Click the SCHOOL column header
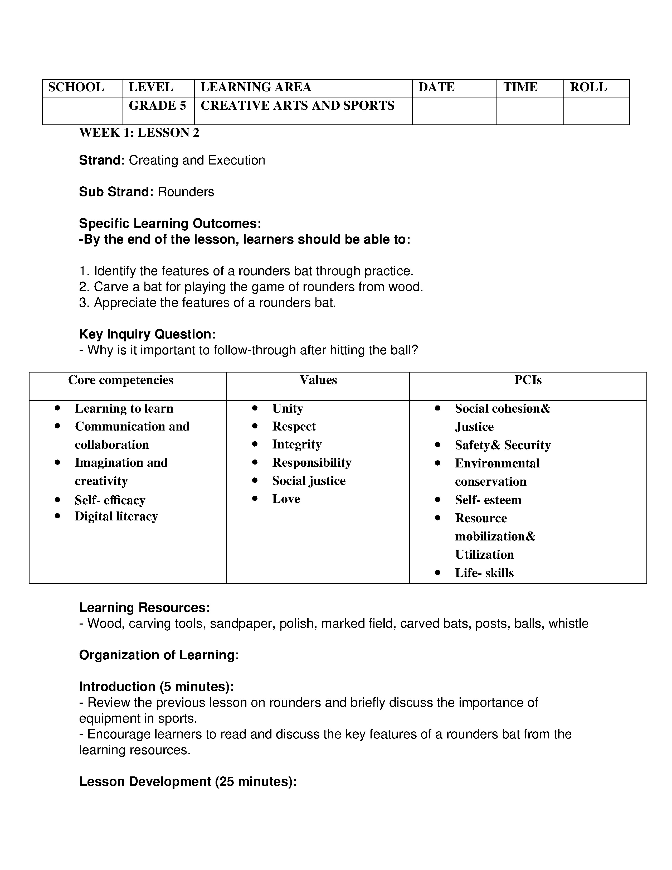[x=76, y=87]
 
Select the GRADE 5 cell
[x=157, y=105]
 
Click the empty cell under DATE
[x=454, y=111]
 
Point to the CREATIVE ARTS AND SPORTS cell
[x=297, y=105]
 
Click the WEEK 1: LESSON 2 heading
[x=139, y=133]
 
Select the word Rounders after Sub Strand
[x=186, y=192]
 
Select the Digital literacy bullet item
[x=116, y=516]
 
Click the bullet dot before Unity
[x=255, y=408]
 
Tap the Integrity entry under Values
[x=296, y=444]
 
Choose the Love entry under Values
[x=286, y=499]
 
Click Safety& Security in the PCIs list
[x=502, y=445]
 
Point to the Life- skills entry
[x=484, y=573]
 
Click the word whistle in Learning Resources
[x=568, y=623]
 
